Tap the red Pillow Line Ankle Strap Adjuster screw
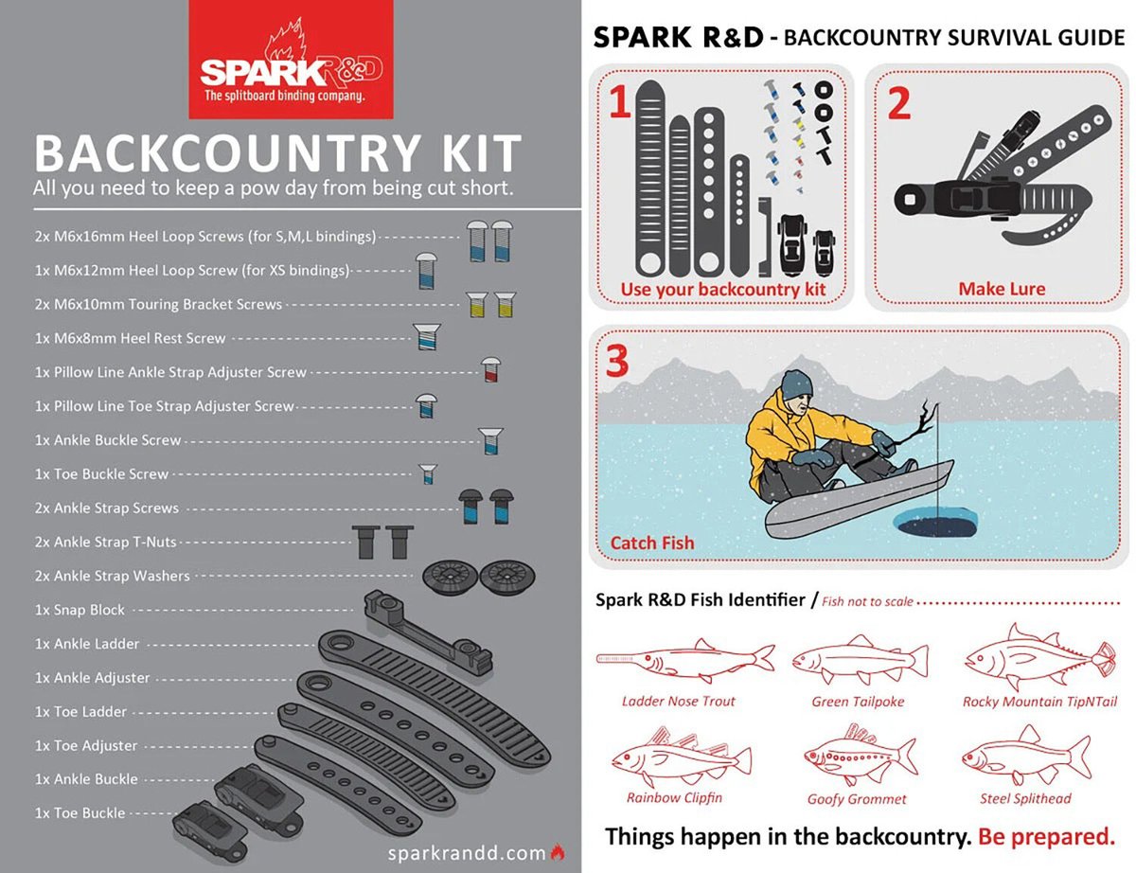click(x=489, y=370)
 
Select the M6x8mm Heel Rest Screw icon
click(x=427, y=336)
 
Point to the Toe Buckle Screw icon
click(x=428, y=473)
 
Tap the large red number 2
click(x=898, y=101)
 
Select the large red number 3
click(x=618, y=361)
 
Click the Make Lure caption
click(x=1001, y=289)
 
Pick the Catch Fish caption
click(x=652, y=543)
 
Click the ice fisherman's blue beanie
click(x=797, y=383)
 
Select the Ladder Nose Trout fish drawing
click(x=685, y=658)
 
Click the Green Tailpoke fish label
click(x=858, y=702)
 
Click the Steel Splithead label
click(x=1024, y=798)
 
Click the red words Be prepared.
click(x=1046, y=837)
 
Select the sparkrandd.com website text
click(x=468, y=852)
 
